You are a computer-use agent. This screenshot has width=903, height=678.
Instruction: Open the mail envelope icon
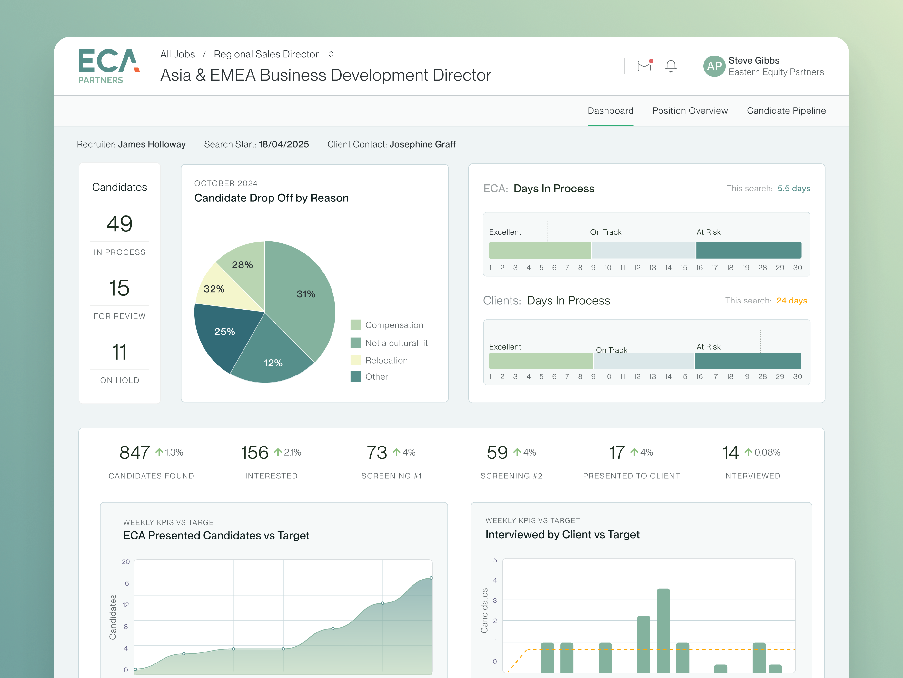pos(644,66)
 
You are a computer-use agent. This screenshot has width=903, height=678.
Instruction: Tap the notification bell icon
pos(671,66)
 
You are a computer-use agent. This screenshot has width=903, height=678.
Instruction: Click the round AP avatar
pos(714,66)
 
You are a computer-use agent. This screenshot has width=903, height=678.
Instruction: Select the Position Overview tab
pos(690,111)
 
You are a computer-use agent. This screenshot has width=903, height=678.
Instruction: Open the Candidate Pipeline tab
pos(786,111)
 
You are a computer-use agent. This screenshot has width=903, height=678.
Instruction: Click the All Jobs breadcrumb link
pos(178,54)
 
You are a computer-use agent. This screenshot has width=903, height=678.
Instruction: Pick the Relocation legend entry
pos(386,360)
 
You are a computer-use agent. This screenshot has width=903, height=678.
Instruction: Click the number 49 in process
pos(119,224)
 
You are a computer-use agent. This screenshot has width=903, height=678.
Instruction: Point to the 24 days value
pos(791,301)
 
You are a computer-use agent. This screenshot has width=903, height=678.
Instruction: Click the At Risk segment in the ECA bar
pos(748,250)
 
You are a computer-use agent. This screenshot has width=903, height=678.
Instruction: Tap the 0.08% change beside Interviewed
pos(767,452)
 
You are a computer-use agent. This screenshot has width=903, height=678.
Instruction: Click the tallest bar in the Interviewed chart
pos(663,629)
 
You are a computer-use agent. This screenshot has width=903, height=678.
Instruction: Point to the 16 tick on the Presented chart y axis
pos(126,583)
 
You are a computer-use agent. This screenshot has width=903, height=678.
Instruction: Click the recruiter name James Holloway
pos(152,144)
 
